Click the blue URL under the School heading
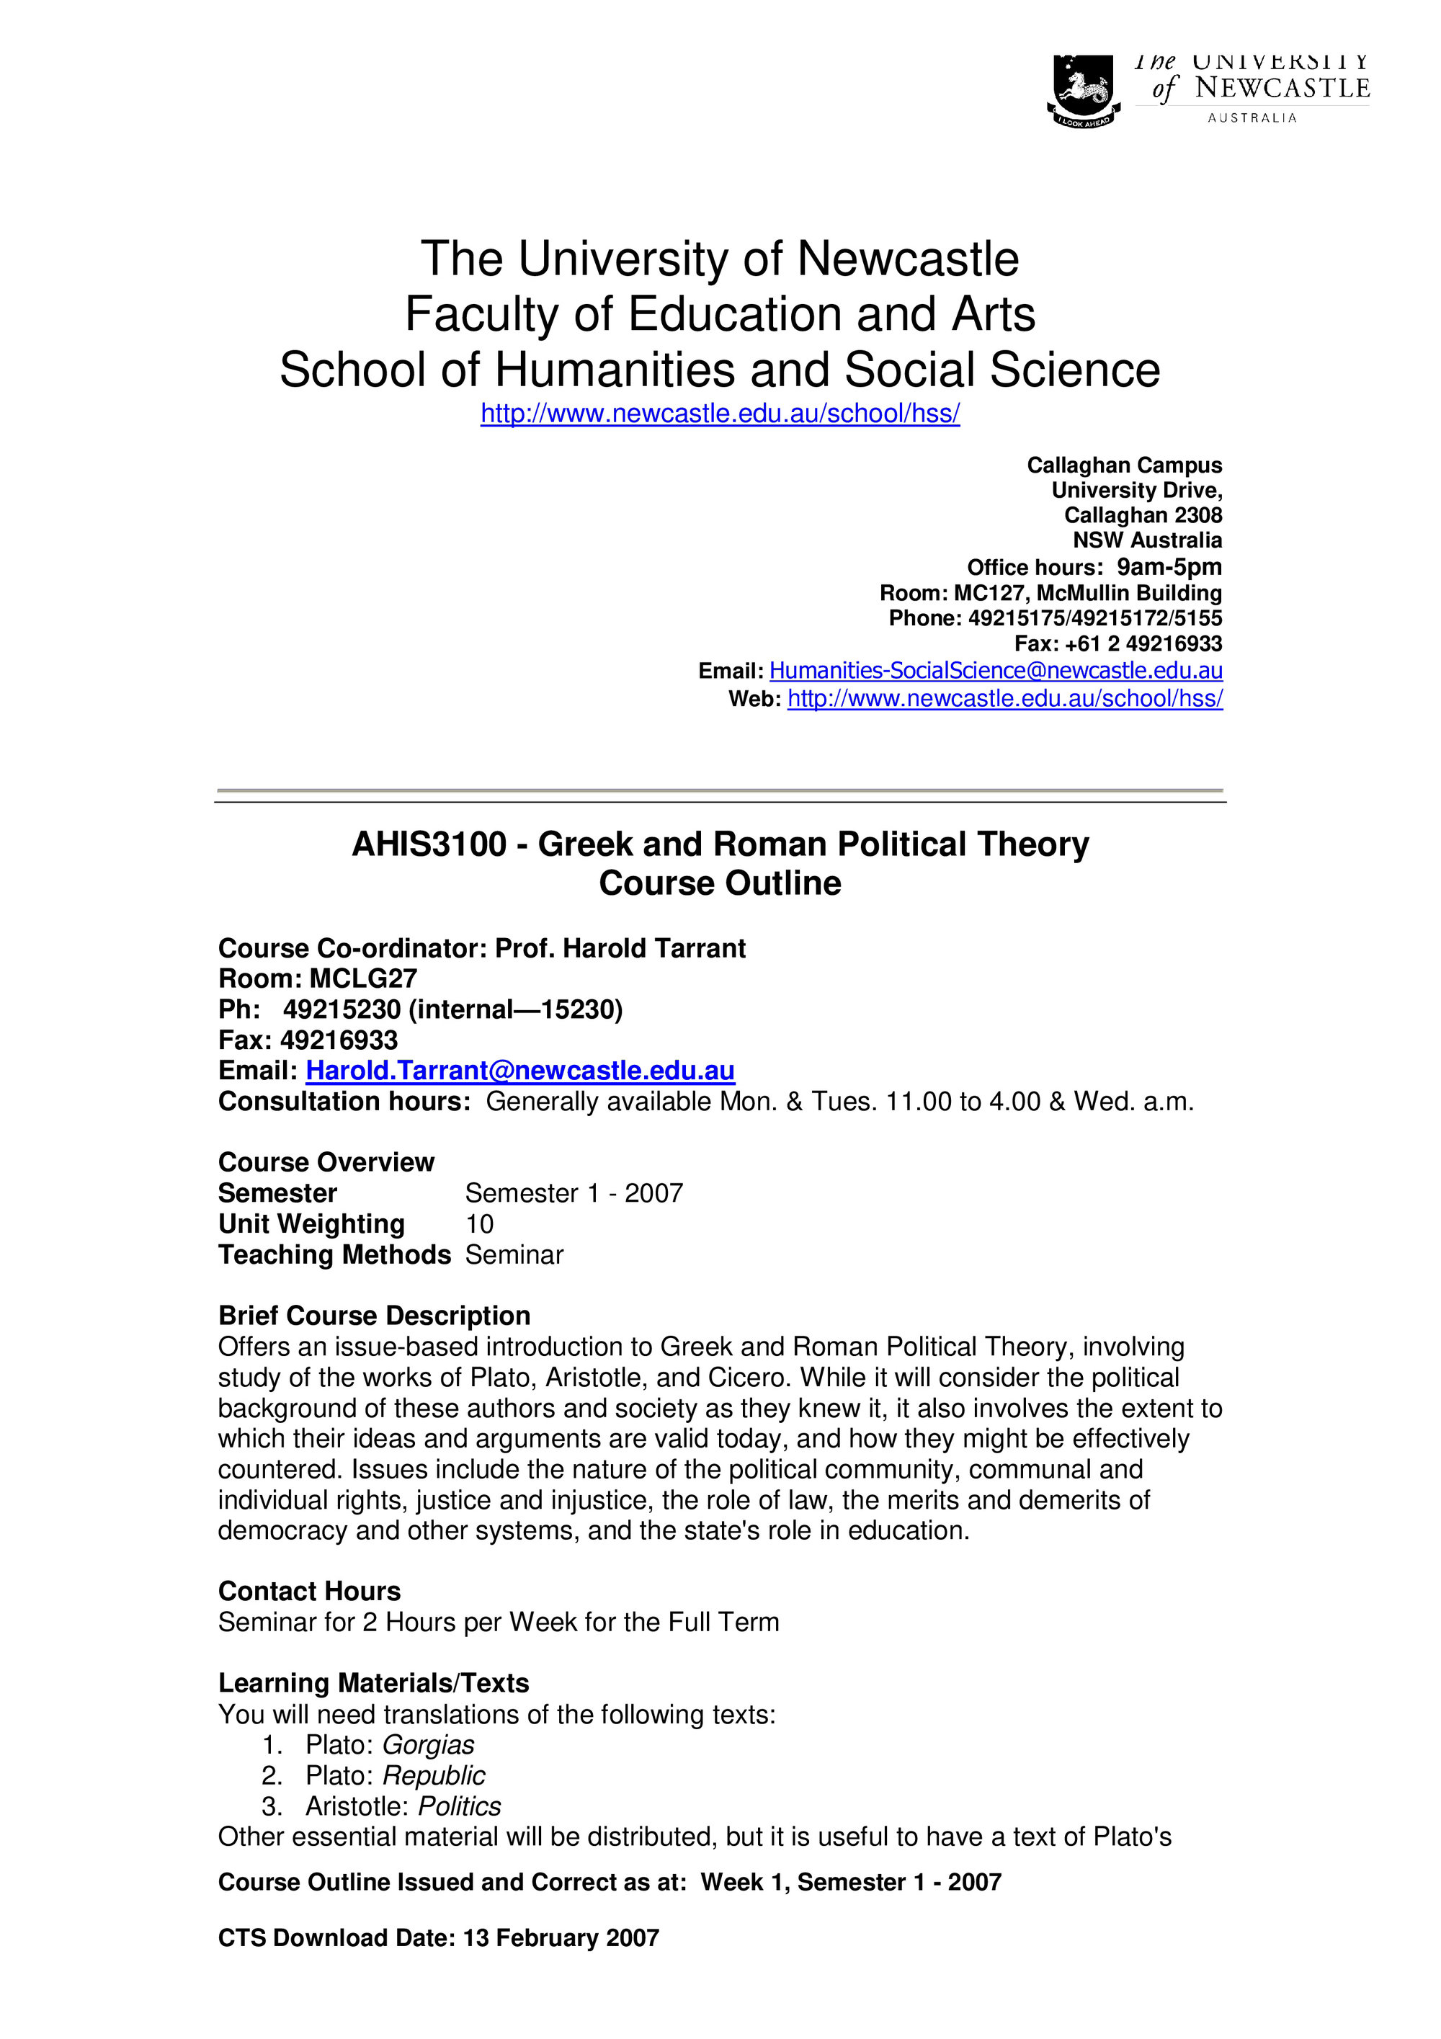(x=720, y=414)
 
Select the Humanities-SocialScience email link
(x=995, y=671)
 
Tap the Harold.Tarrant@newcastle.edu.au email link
(x=520, y=1070)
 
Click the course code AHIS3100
(x=429, y=844)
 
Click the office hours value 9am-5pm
(x=1169, y=566)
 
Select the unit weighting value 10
(x=479, y=1223)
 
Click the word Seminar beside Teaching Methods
(x=514, y=1255)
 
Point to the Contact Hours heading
(x=309, y=1591)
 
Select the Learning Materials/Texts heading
(x=373, y=1683)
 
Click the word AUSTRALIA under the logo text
(x=1252, y=118)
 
